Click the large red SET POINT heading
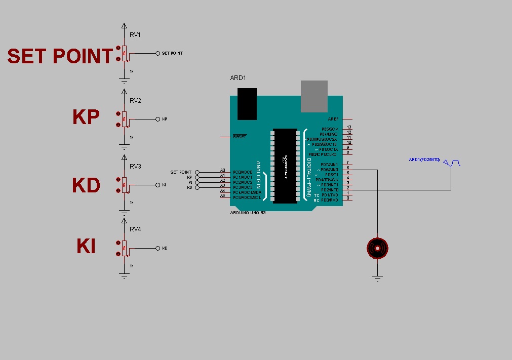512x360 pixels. [60, 56]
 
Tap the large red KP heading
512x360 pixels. [86, 117]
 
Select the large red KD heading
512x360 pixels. [86, 185]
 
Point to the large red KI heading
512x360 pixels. [86, 247]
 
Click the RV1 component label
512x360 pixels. [135, 35]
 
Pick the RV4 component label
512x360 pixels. [135, 229]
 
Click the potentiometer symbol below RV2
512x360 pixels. [124, 119]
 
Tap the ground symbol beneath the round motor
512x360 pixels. [377, 277]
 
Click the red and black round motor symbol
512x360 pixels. [377, 248]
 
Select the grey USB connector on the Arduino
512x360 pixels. [314, 96]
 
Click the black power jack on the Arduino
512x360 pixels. [247, 104]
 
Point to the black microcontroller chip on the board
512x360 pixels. [285, 166]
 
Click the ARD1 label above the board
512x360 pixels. [238, 78]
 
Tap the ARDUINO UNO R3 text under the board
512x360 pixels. [248, 213]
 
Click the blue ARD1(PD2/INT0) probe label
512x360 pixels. [424, 160]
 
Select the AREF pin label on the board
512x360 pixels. [333, 119]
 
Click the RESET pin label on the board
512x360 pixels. [240, 137]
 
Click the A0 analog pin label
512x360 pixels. [222, 171]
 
